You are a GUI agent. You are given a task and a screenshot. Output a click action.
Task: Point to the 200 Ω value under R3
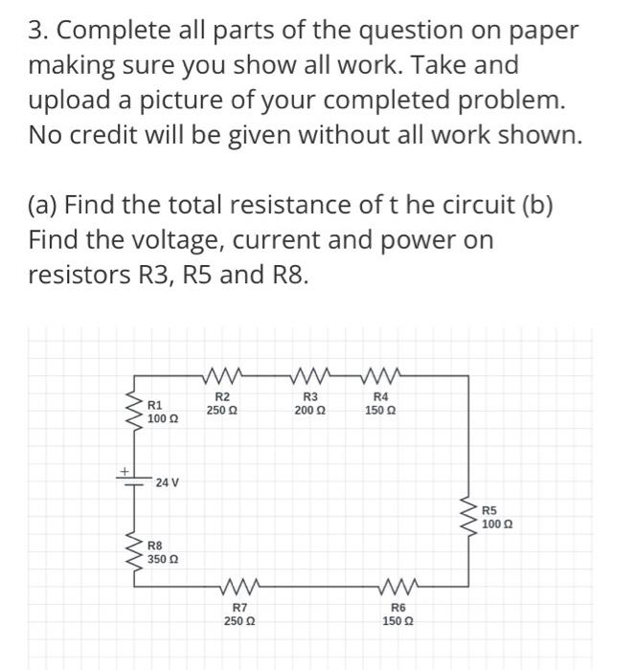point(309,410)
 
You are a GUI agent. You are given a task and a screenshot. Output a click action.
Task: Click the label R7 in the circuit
point(238,608)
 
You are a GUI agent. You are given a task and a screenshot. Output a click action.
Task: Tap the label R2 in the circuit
point(221,397)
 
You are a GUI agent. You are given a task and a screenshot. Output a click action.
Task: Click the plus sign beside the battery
point(123,468)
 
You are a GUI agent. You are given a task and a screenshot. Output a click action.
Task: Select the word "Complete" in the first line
point(122,31)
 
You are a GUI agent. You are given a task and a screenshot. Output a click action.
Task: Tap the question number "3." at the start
point(38,31)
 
